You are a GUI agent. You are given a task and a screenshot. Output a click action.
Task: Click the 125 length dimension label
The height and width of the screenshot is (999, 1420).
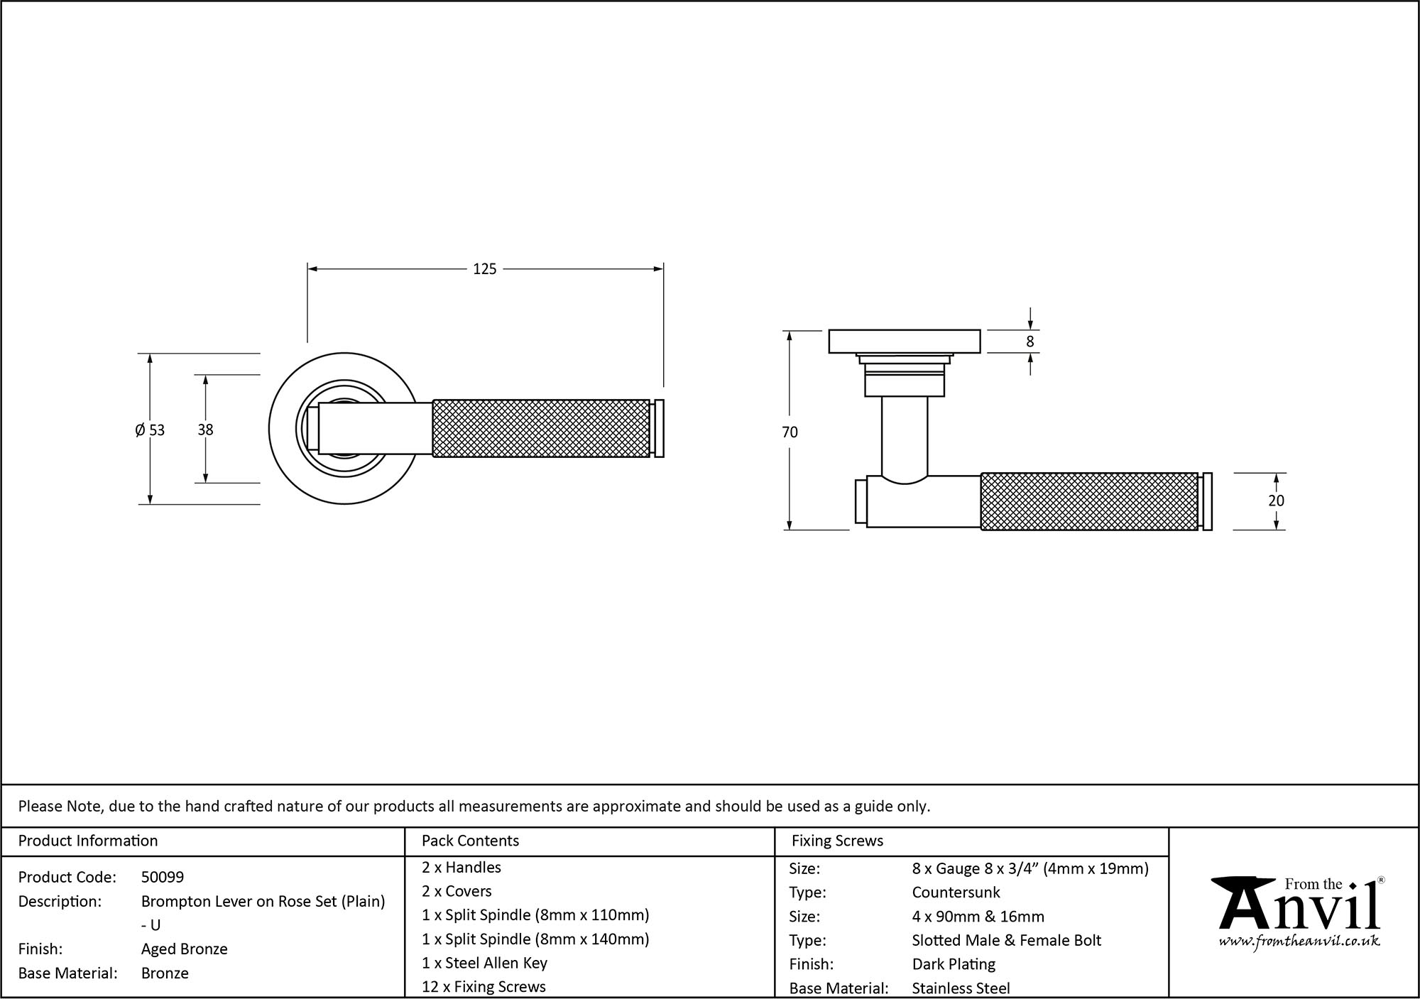[484, 269]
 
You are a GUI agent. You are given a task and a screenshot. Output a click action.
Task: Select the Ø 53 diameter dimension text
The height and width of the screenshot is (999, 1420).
[150, 430]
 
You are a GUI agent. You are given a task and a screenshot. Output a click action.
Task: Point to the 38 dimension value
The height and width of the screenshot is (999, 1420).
[205, 430]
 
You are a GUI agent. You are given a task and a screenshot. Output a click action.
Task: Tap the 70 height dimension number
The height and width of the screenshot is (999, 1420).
[790, 432]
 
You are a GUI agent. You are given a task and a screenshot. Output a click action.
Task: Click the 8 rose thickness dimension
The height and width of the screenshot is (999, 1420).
[1030, 342]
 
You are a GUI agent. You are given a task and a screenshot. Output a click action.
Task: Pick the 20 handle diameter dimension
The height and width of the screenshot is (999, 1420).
[1276, 501]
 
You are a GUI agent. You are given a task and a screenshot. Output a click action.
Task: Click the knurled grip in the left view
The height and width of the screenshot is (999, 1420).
[541, 428]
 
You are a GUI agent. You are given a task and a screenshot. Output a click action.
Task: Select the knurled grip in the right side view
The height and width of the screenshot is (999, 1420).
[1089, 501]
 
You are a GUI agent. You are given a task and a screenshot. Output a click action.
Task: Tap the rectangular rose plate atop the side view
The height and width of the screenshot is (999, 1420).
[905, 342]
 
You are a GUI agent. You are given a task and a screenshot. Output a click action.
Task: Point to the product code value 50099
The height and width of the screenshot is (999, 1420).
[163, 877]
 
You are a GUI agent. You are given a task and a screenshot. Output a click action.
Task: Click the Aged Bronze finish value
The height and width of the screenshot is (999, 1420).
[185, 949]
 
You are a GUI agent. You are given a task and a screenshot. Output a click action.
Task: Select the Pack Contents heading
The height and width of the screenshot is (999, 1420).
[470, 841]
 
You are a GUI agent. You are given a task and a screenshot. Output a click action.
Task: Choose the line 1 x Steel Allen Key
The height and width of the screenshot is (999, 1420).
[484, 963]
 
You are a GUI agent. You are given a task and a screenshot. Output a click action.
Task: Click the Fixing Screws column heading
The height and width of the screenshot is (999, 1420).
[837, 841]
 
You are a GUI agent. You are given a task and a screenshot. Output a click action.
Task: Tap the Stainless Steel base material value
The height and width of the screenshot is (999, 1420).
[961, 988]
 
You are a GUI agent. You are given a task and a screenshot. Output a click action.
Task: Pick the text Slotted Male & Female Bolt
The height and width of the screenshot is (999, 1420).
[1006, 940]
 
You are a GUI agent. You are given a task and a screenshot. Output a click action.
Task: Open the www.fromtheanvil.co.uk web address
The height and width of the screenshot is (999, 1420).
[1299, 941]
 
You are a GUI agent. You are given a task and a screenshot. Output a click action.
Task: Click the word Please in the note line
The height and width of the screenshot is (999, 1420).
[40, 806]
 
